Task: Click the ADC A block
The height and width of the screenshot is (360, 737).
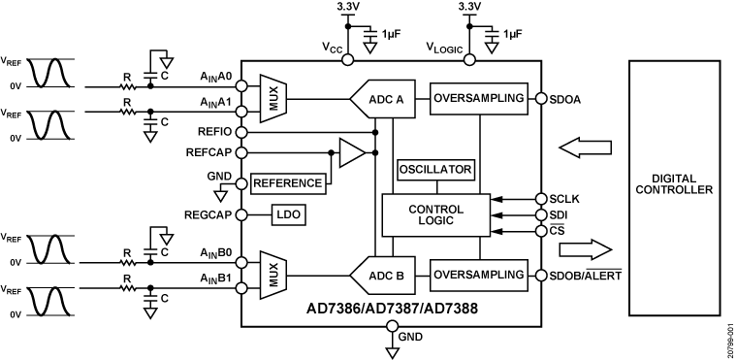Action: pyautogui.click(x=383, y=99)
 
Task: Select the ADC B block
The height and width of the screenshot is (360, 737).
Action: pyautogui.click(x=383, y=276)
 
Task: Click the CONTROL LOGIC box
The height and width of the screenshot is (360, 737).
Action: pyautogui.click(x=435, y=215)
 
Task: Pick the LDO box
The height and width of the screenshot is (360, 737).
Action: pyautogui.click(x=289, y=215)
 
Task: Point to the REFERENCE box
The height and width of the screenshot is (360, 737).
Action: pyautogui.click(x=288, y=183)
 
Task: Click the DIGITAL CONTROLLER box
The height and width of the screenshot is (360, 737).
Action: pyautogui.click(x=675, y=188)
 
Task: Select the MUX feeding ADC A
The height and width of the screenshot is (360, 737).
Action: pyautogui.click(x=273, y=98)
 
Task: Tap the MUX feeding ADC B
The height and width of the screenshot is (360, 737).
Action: pyautogui.click(x=273, y=275)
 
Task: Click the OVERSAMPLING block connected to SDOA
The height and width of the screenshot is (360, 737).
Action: pyautogui.click(x=478, y=99)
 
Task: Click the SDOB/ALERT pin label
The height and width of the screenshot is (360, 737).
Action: pyautogui.click(x=586, y=275)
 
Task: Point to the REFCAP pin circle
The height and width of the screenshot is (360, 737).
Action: pyautogui.click(x=241, y=152)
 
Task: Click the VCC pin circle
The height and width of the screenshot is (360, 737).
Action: pyautogui.click(x=347, y=60)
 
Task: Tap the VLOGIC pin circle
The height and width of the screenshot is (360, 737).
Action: pyautogui.click(x=469, y=60)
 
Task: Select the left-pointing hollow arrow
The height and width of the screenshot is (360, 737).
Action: pyautogui.click(x=585, y=147)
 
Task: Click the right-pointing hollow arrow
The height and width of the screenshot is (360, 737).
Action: pyautogui.click(x=586, y=249)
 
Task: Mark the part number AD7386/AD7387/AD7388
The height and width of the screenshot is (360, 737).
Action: pyautogui.click(x=392, y=309)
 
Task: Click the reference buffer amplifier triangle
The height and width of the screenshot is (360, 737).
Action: pyautogui.click(x=352, y=152)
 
